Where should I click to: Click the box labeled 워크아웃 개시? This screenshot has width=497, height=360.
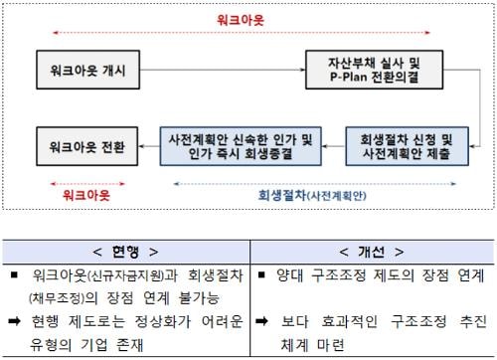coord(87,70)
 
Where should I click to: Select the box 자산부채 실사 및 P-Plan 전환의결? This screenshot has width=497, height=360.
coord(374,70)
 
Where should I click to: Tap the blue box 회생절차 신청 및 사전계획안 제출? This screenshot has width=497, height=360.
coord(407,146)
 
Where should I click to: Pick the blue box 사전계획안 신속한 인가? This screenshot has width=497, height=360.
coord(241,146)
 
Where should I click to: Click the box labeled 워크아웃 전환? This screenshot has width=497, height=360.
coord(86,146)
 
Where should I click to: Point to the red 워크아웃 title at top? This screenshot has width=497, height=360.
coord(241,20)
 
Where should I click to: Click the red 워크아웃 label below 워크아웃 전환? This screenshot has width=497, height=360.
coord(86,195)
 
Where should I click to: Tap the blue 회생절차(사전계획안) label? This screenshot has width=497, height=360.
coord(312,195)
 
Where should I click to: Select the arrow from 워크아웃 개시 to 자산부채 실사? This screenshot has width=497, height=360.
coord(223,70)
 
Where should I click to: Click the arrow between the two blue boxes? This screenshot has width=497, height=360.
coord(333,146)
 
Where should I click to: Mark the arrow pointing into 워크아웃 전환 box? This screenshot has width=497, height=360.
coord(149,146)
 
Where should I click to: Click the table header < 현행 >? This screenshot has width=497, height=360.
coord(125,252)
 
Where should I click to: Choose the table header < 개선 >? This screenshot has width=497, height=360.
coord(372,252)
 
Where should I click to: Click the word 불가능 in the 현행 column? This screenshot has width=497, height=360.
coord(199,298)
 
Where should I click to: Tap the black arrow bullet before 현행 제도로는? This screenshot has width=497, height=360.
coord(15,321)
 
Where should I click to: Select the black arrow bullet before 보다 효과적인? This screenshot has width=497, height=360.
coord(261,321)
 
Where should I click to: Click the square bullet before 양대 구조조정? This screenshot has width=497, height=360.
coord(261,274)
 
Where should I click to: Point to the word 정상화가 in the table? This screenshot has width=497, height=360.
coord(163,321)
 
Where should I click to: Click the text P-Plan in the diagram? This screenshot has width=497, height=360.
coord(349,77)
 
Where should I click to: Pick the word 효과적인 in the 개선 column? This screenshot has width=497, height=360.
coord(350,321)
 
